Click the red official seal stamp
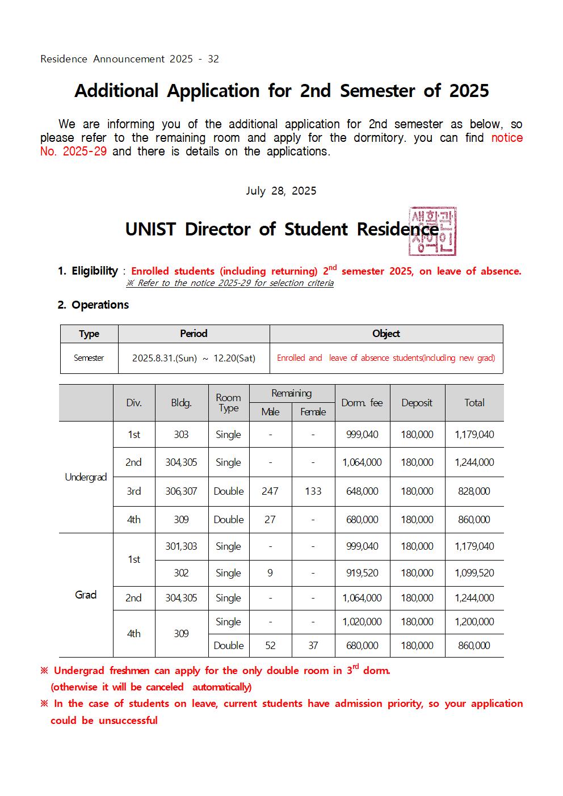click(432, 231)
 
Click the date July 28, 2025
click(281, 191)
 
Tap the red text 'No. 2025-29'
click(73, 151)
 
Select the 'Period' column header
click(194, 334)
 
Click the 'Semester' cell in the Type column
click(89, 358)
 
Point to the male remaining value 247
click(270, 491)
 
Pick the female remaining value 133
click(313, 491)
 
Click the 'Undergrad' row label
click(86, 477)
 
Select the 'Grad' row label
click(86, 595)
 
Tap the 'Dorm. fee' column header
click(362, 403)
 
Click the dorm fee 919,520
click(362, 573)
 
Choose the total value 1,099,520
click(474, 573)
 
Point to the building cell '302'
click(181, 573)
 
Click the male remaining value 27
click(270, 520)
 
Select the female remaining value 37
click(313, 646)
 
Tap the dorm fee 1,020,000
click(362, 622)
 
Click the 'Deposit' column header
click(417, 403)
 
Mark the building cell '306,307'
click(181, 491)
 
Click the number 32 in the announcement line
click(213, 59)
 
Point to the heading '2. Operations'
click(93, 305)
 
